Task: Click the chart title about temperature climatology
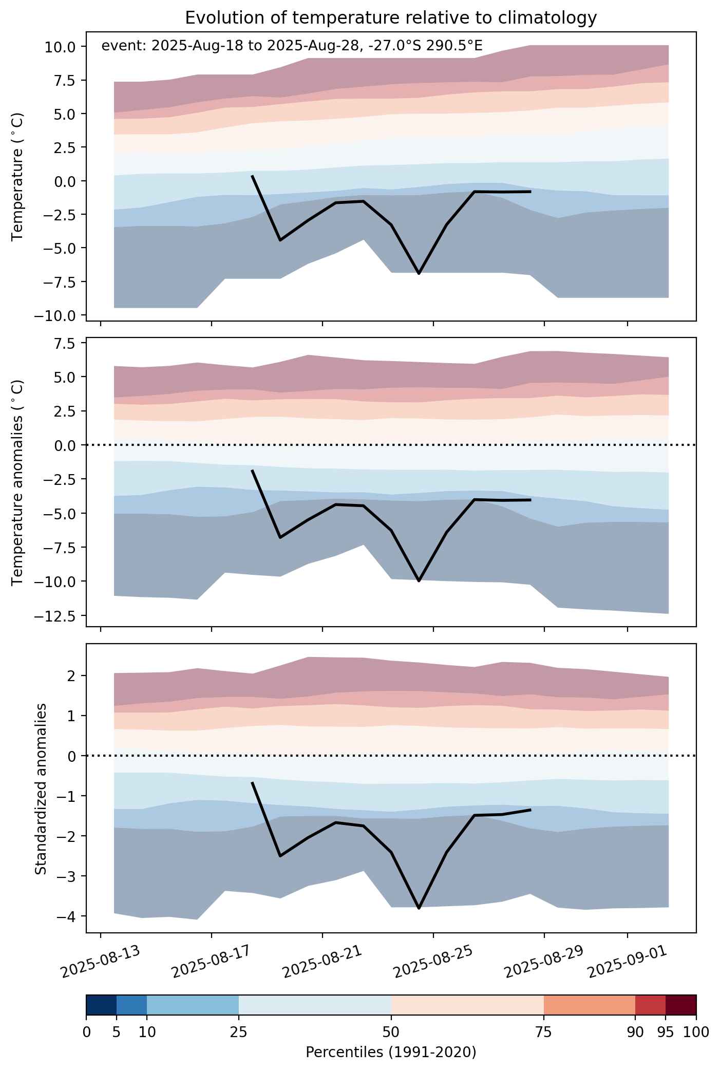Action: [391, 18]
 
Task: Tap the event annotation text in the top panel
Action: [292, 46]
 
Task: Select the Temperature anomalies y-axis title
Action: [17, 482]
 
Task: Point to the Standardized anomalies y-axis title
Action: [41, 789]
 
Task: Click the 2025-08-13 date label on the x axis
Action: [101, 961]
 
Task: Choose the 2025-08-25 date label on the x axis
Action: [433, 961]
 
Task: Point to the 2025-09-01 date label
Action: [628, 961]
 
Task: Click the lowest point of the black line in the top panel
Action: [419, 274]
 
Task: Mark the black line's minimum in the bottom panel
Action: [419, 908]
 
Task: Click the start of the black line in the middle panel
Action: [252, 470]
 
